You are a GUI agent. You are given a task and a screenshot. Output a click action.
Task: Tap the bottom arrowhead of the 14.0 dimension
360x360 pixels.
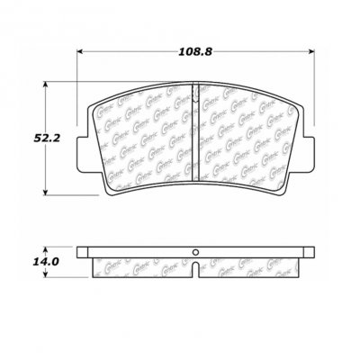(x=48, y=276)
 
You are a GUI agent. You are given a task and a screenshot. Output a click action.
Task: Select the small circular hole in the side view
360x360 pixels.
(x=194, y=253)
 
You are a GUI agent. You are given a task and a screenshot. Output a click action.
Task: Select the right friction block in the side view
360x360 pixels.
(x=252, y=267)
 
